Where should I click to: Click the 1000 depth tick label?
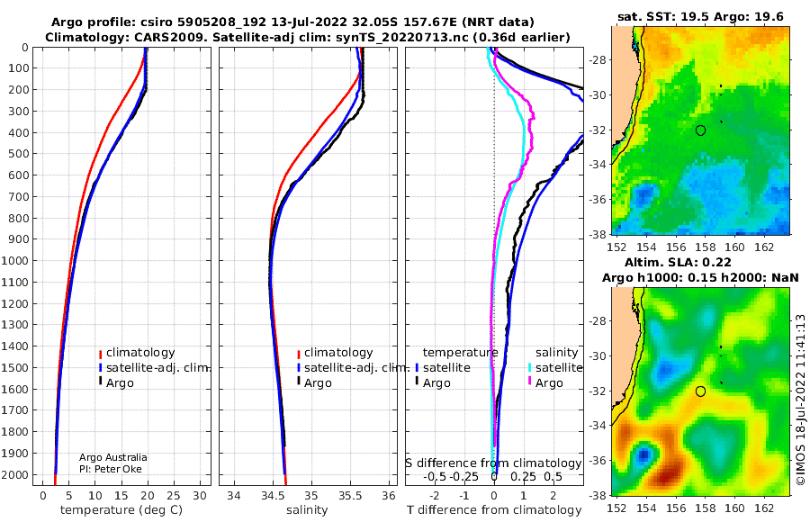(14, 260)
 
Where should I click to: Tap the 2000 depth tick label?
(14, 474)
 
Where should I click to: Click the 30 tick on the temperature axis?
(200, 495)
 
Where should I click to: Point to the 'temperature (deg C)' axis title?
(121, 510)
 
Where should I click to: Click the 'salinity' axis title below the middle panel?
(307, 510)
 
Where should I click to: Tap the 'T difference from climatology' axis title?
(494, 510)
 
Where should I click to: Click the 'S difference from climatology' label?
(493, 463)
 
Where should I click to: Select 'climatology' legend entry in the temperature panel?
(138, 353)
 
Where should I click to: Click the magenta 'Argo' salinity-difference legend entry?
(545, 383)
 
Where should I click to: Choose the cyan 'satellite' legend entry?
(555, 367)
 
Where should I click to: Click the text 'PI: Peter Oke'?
(111, 469)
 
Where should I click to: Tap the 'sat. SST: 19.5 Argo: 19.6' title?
(700, 16)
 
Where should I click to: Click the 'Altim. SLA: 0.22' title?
(677, 262)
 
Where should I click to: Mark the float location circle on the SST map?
(700, 130)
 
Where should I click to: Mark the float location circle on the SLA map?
(700, 391)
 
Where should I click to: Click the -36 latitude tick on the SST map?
(598, 199)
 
